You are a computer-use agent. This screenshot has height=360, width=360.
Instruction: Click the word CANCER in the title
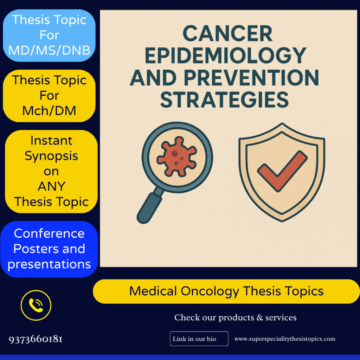227,34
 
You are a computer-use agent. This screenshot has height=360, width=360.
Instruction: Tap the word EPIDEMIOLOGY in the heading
225,55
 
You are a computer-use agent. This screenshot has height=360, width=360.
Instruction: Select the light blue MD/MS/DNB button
49,35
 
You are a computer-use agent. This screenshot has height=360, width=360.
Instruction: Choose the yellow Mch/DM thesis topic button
49,96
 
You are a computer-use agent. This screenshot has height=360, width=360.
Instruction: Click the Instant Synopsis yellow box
51,171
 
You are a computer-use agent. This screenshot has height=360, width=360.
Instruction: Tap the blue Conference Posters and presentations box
49,249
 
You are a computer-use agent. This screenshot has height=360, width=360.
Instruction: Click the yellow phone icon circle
36,305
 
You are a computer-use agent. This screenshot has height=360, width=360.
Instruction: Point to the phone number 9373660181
36,339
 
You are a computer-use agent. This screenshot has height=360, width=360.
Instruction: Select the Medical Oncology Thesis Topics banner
226,291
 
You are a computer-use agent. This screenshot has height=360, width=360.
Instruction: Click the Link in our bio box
199,339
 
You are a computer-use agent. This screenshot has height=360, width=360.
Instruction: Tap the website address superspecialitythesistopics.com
285,339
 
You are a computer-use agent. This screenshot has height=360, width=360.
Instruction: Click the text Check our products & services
235,317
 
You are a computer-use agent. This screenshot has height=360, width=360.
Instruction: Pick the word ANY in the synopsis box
51,186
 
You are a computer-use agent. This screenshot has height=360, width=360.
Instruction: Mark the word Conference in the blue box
49,233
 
